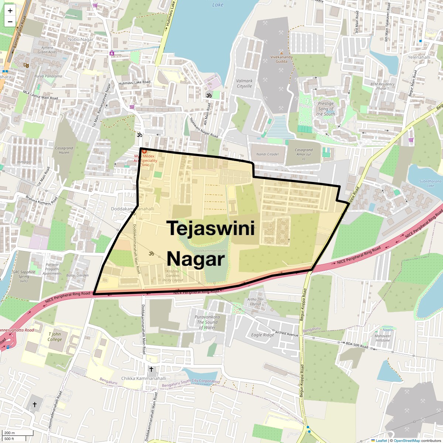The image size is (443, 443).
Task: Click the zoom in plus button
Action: pos(10,11)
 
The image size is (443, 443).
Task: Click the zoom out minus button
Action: pos(10,22)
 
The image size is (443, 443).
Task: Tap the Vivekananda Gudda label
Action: pos(281,59)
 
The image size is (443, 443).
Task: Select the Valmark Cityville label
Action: pos(244,83)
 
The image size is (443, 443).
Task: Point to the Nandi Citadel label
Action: pos(267,154)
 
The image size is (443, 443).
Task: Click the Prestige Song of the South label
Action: pos(326,109)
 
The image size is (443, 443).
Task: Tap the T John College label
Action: pos(55,337)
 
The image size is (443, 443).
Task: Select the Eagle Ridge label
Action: pos(262,335)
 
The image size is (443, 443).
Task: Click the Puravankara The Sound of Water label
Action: pos(207,322)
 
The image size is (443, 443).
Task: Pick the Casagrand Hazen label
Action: pos(64,150)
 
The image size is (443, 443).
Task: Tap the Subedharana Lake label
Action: pos(430,183)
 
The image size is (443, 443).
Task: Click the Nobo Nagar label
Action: pos(80,40)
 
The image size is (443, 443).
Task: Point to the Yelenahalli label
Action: pos(419,57)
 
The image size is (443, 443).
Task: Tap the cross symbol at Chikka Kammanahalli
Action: pos(151,369)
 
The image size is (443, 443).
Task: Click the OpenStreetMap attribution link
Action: pos(406,440)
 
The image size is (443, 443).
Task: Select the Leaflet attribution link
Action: pos(381,440)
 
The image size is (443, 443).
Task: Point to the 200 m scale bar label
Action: pos(10,433)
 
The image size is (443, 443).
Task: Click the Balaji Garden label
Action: pos(78,275)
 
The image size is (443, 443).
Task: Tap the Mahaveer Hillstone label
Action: pos(382,338)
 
